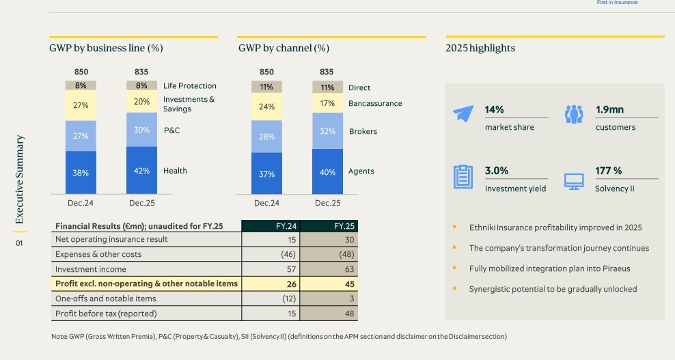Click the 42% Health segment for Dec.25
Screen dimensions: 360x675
(141, 171)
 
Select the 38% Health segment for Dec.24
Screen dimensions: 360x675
(81, 173)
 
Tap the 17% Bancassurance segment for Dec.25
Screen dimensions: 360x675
(327, 103)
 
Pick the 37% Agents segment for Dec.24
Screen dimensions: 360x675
(266, 174)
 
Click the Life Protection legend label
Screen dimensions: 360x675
(189, 86)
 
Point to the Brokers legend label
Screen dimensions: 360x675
(363, 131)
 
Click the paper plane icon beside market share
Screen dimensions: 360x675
(463, 114)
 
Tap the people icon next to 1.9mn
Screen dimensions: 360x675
(574, 114)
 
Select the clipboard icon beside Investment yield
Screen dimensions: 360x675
(463, 177)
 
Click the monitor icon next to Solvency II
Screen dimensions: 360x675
(574, 181)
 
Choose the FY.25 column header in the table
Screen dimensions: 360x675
(329, 226)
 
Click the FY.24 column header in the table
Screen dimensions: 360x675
(271, 226)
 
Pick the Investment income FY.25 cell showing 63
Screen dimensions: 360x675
(329, 269)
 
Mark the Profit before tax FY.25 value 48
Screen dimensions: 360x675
(329, 314)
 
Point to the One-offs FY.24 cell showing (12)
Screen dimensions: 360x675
(271, 299)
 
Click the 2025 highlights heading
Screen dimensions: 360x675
(480, 49)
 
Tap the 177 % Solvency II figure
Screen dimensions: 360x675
(608, 171)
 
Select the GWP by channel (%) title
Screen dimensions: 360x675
(284, 49)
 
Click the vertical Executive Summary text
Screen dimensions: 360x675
(20, 180)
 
